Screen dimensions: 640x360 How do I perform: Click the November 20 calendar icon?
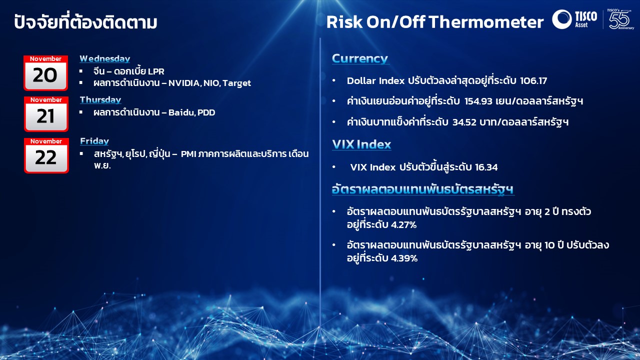pos(45,73)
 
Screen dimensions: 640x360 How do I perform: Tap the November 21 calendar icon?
pos(46,114)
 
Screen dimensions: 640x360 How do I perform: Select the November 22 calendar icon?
pos(46,155)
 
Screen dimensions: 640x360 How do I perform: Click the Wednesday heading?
pos(105,58)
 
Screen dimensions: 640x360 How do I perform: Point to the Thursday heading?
pos(100,99)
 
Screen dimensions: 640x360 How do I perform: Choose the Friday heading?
pos(94,141)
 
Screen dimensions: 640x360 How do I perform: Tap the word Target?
pos(236,83)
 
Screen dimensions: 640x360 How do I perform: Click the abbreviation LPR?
pos(156,71)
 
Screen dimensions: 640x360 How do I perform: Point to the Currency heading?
pos(360,59)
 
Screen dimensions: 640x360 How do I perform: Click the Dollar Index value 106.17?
pos(533,81)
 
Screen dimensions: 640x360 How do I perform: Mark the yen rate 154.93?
pos(478,101)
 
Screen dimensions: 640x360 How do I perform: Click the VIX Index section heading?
pos(361,144)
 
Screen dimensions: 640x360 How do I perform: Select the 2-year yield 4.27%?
pos(403,225)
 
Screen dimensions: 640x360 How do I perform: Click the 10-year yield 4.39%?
pos(404,258)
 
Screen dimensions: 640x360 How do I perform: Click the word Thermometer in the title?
pos(486,22)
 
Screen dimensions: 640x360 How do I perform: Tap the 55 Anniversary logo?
pos(620,19)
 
